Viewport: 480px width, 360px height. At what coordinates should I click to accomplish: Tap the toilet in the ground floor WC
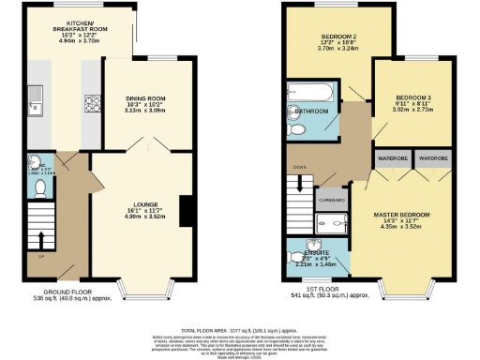[x=37, y=188]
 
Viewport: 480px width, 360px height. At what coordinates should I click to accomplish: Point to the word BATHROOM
[x=311, y=112]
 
